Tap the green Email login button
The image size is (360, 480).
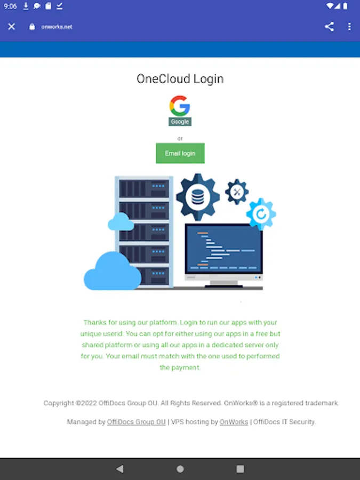(x=180, y=153)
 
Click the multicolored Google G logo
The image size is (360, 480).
(x=180, y=106)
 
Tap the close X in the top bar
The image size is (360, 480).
(x=12, y=27)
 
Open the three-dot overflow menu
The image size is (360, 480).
(x=349, y=27)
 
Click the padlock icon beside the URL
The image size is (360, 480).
(x=32, y=27)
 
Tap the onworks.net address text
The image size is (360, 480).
(x=57, y=27)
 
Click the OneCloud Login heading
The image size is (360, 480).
(x=180, y=79)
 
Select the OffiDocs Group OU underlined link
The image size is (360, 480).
(x=136, y=422)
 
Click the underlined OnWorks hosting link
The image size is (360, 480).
(x=234, y=422)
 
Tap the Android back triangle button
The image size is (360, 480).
(x=120, y=469)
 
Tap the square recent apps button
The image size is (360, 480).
(x=241, y=469)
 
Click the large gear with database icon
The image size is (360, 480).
(x=198, y=197)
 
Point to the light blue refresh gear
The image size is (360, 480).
(x=261, y=214)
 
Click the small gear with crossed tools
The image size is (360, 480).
(x=237, y=192)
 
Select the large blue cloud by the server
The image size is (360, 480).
(x=113, y=271)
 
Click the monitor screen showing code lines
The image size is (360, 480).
(x=223, y=249)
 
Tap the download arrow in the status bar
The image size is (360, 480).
(x=26, y=6)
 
